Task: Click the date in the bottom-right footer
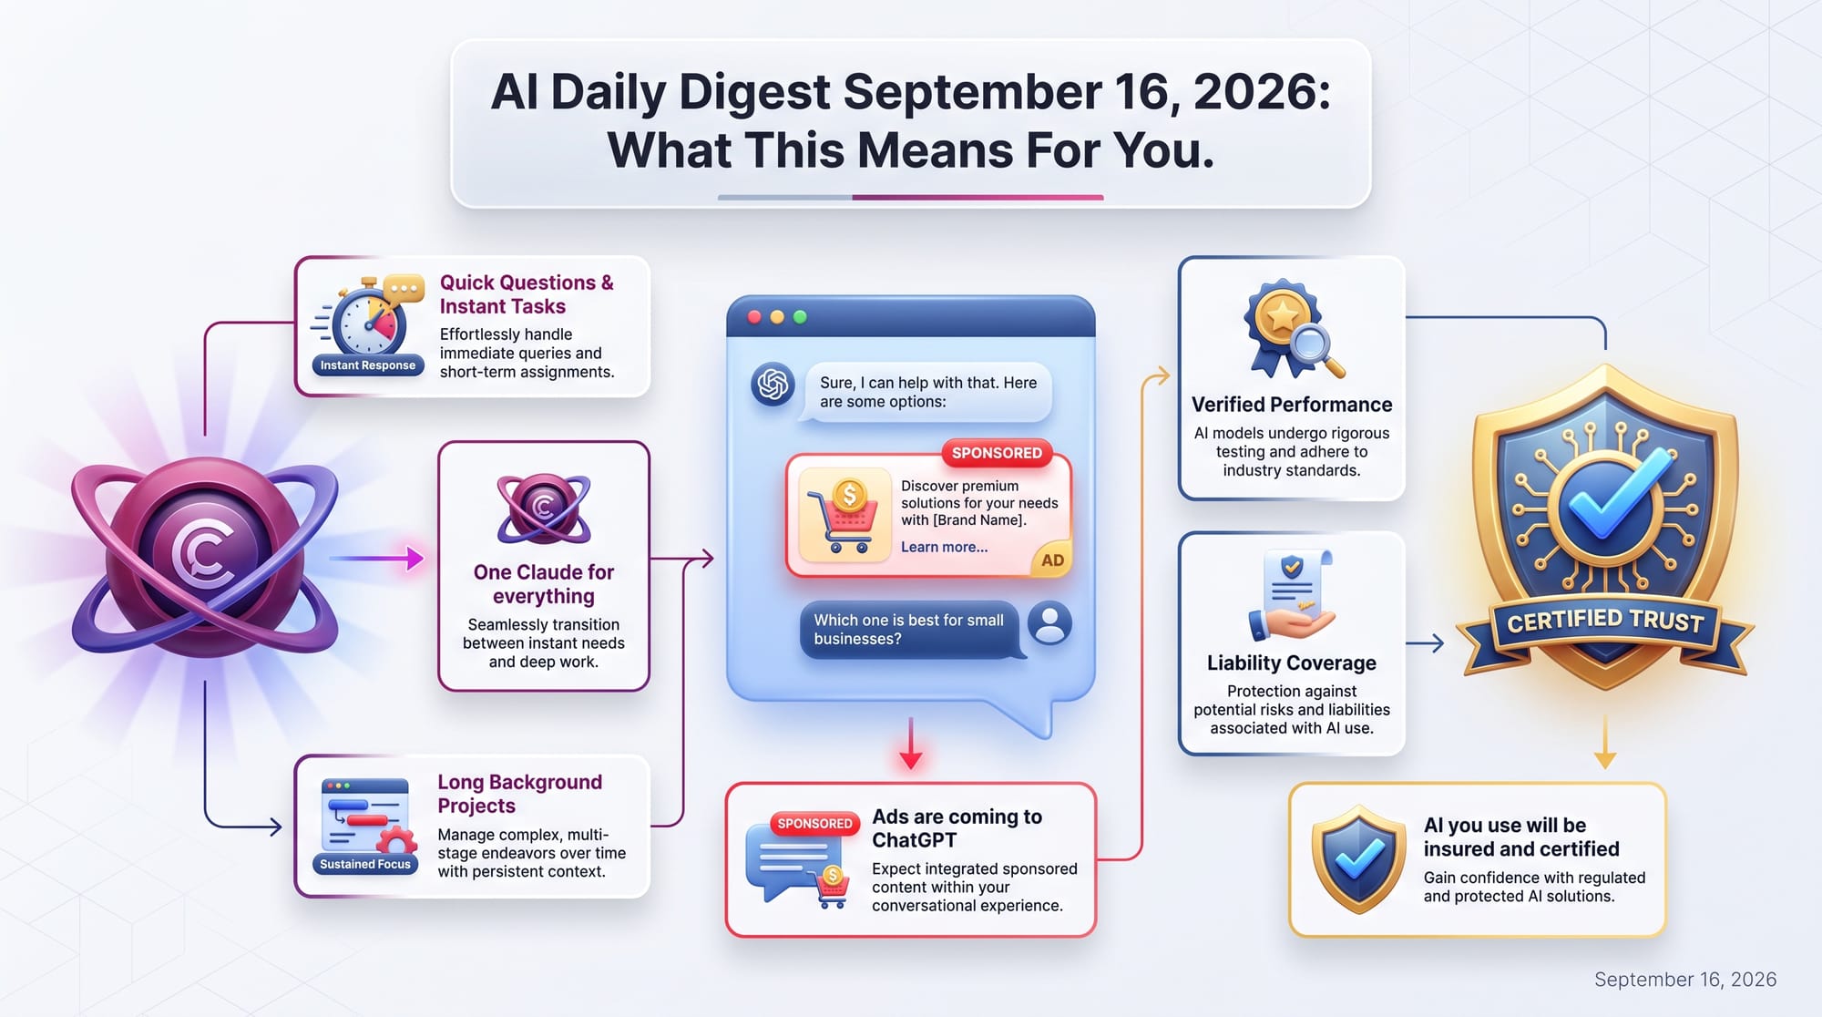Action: tap(1685, 980)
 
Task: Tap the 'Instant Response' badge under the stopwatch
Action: tap(367, 365)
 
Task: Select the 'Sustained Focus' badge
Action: tap(365, 864)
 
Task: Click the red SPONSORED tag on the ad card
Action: tap(997, 453)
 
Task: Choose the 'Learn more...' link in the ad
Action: tap(945, 547)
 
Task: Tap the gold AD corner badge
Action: tap(1052, 560)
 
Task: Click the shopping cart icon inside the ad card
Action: tap(844, 516)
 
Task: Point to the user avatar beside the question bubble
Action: tap(1049, 624)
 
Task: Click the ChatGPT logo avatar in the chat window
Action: tap(773, 384)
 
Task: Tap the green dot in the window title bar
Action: tap(800, 317)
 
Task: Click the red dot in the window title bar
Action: tap(754, 317)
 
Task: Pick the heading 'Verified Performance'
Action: tap(1292, 405)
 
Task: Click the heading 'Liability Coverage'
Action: tap(1292, 663)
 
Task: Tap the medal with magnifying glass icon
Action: tap(1292, 330)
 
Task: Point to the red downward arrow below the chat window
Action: tap(911, 744)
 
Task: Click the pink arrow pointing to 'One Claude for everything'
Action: tap(376, 558)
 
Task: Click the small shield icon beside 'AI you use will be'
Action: tap(1359, 859)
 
